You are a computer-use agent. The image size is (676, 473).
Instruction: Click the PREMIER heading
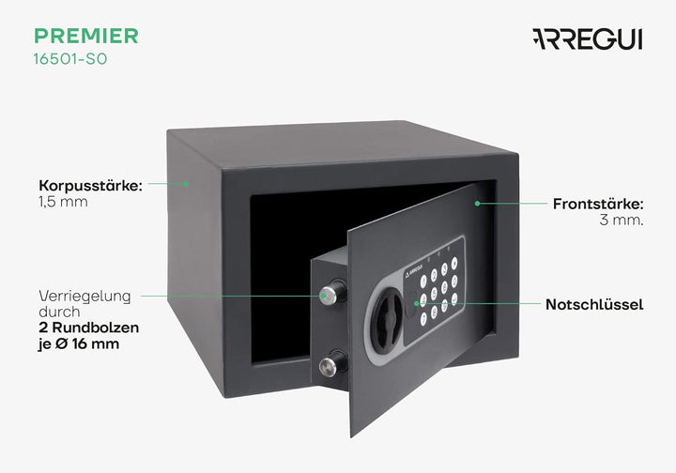pos(86,36)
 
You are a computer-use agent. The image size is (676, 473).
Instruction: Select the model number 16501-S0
pos(70,59)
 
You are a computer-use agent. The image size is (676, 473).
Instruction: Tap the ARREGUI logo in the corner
pos(588,39)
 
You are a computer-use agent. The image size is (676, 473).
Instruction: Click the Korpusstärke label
pos(90,186)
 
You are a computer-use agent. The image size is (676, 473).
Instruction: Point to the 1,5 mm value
pos(64,202)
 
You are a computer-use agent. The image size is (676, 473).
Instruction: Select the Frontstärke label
pos(598,204)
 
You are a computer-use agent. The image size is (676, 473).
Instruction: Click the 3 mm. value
pos(622,221)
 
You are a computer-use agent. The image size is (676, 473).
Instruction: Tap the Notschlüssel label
pos(594,305)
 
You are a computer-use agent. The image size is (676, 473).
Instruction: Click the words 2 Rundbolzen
pos(89,328)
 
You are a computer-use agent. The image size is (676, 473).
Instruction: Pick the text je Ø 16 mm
pos(79,344)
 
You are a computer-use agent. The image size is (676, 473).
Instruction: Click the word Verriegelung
pos(84,297)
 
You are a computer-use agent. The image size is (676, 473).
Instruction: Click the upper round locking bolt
pos(331,294)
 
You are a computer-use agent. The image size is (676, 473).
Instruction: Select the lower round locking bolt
pos(331,364)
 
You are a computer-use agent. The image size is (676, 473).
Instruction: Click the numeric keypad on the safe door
pos(439,291)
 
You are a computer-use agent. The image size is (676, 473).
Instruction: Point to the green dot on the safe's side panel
pos(186,184)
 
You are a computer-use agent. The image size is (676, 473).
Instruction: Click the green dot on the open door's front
pos(477,204)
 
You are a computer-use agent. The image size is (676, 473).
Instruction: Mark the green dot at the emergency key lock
pos(416,303)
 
